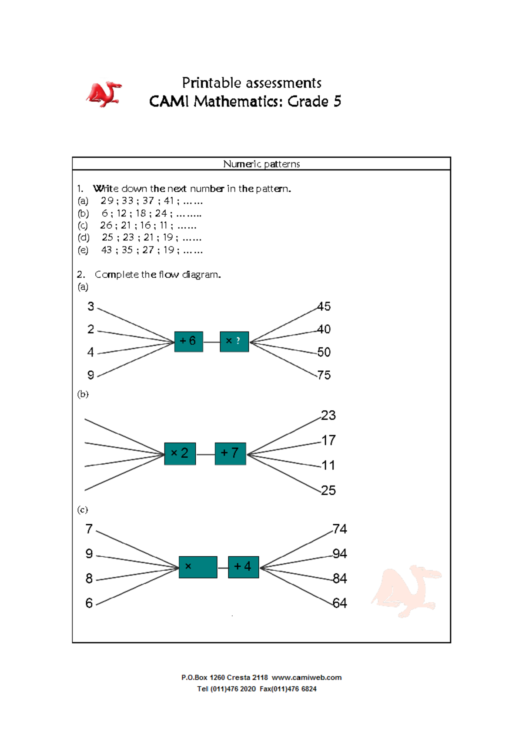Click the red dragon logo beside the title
(104, 94)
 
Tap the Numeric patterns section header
(261, 164)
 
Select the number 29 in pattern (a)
(107, 201)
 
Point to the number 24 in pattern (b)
(161, 213)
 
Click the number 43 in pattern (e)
(107, 250)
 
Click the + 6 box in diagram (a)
(188, 341)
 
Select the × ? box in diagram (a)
(234, 341)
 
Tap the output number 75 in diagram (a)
(324, 375)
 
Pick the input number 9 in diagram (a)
(90, 375)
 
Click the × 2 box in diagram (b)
(180, 453)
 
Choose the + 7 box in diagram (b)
(230, 453)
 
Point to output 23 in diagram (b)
(328, 416)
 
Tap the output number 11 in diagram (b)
(328, 465)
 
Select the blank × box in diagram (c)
(198, 567)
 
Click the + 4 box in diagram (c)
(243, 567)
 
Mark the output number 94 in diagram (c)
(340, 554)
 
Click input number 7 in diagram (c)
(89, 529)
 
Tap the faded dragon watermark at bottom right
(407, 591)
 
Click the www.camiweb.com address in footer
(307, 678)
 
